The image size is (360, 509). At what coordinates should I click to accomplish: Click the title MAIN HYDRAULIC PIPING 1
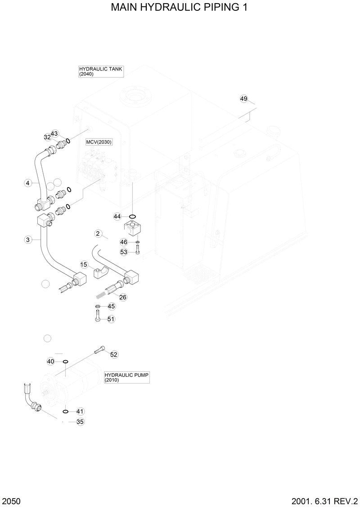tap(180, 8)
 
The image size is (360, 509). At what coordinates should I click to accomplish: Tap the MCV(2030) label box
tap(99, 142)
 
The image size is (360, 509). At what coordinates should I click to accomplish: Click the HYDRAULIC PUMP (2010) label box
tap(126, 377)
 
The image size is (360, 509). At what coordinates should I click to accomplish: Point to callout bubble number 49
tap(243, 98)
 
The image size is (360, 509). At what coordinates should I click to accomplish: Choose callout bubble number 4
tap(28, 183)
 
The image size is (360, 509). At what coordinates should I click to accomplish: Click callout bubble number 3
tap(28, 240)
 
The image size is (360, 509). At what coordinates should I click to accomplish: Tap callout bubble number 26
tap(123, 297)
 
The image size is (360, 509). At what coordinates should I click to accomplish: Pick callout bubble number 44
tap(117, 217)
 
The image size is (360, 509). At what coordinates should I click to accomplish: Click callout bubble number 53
tap(124, 252)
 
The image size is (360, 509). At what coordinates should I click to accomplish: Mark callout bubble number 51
tap(111, 319)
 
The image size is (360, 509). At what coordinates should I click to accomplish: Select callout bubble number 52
tap(114, 354)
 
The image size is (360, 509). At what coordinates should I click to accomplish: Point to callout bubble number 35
tap(80, 422)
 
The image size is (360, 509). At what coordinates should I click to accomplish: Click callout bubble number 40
tap(51, 362)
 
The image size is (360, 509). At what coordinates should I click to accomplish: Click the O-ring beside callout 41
tap(66, 411)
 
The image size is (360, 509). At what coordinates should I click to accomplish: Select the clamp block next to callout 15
tap(101, 271)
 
